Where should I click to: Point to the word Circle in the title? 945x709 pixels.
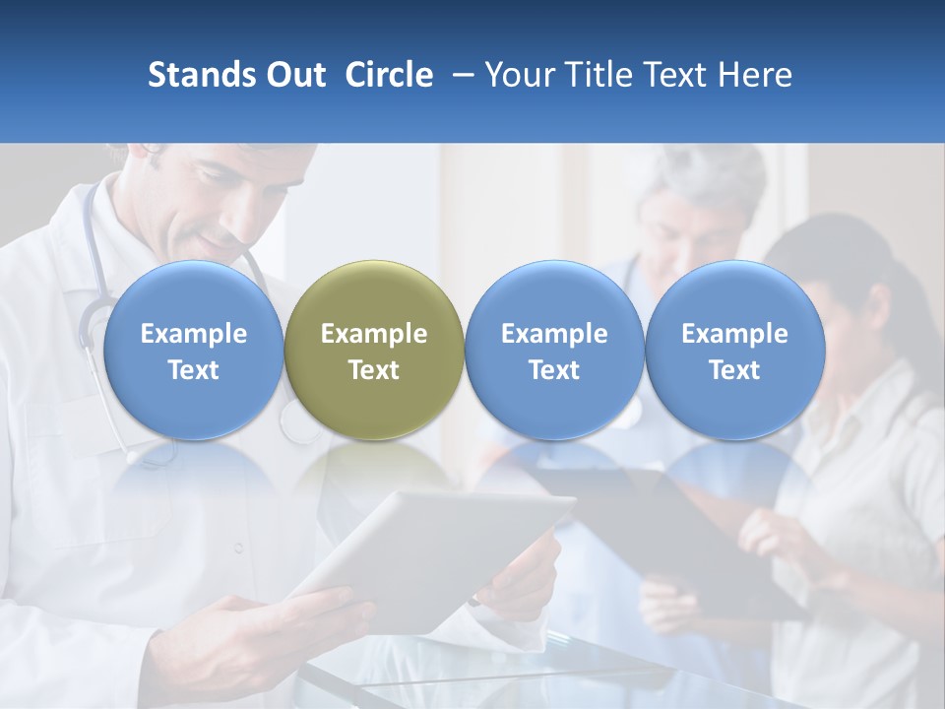(389, 75)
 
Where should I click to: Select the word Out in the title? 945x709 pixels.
(293, 75)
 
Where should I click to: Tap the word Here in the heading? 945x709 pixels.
(754, 75)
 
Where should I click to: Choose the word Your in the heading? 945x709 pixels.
(517, 75)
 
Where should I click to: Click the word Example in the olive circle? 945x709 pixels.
(374, 334)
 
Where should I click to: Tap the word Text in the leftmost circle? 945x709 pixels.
(194, 370)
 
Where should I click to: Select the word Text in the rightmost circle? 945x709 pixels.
(734, 370)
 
